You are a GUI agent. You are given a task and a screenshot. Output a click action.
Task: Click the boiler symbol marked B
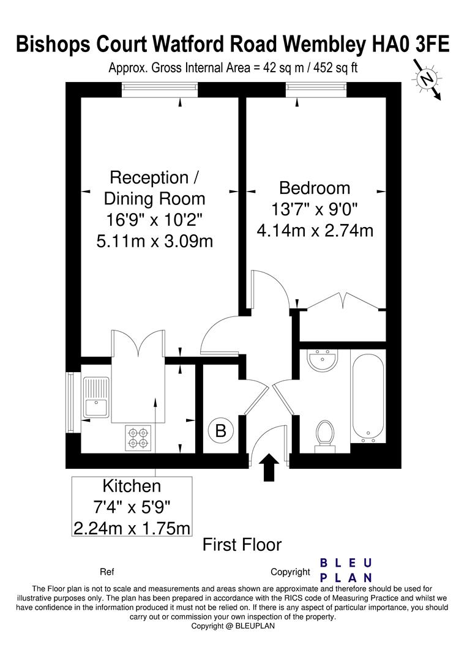[x=220, y=431]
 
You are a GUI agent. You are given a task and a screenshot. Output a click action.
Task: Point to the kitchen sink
[x=96, y=397]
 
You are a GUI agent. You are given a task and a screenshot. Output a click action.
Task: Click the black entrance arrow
[x=271, y=467]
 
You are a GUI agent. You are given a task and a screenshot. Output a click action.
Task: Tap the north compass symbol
[x=427, y=80]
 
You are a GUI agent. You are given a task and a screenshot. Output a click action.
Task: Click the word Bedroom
[x=315, y=188]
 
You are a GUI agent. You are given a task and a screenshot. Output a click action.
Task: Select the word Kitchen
[x=132, y=486]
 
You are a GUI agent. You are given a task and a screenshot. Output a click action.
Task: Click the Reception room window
[x=160, y=90]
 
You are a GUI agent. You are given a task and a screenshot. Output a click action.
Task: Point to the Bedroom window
[x=316, y=90]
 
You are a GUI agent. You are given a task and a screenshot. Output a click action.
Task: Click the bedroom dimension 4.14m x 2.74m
[x=315, y=231]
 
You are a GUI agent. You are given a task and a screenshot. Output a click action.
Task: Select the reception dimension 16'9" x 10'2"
[x=154, y=220]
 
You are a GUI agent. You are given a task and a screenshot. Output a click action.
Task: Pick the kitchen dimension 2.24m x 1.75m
[x=132, y=528]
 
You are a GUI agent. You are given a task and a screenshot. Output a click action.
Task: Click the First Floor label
[x=242, y=545]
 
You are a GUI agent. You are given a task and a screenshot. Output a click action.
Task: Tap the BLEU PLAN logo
[x=346, y=570]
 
